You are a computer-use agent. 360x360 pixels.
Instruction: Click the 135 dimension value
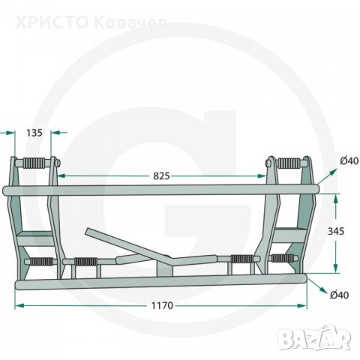[34, 133]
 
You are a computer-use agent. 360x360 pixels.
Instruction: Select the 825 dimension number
[161, 176]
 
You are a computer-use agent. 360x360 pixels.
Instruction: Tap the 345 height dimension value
[336, 231]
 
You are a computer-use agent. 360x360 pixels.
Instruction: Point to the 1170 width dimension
[162, 305]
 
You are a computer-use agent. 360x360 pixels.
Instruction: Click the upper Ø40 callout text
[349, 160]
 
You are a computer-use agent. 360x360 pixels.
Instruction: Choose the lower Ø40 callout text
[339, 295]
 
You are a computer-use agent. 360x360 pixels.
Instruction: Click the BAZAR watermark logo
[315, 337]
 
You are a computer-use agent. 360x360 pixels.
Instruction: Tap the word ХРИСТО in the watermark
[52, 22]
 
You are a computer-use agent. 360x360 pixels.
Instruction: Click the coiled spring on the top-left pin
[34, 163]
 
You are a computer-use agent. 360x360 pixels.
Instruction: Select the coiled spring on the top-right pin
[289, 163]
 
